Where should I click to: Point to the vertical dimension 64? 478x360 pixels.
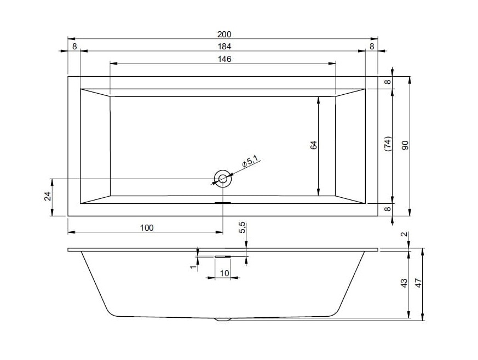pos(313,145)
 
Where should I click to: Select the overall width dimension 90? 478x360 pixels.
pos(405,145)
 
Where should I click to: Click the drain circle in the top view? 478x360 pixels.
pos(223,178)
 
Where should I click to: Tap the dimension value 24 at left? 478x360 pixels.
pos(47,196)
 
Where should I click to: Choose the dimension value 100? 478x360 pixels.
pos(146,227)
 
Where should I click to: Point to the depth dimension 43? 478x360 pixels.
pos(404,283)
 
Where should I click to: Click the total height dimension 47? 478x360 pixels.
pos(418,283)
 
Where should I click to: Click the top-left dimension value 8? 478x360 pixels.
pos(74,47)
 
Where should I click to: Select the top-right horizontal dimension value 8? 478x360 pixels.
pos(372,47)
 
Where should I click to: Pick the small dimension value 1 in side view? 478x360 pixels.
pos(192,267)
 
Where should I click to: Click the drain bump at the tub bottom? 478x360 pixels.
pos(223,319)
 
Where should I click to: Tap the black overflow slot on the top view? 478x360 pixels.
pos(223,202)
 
